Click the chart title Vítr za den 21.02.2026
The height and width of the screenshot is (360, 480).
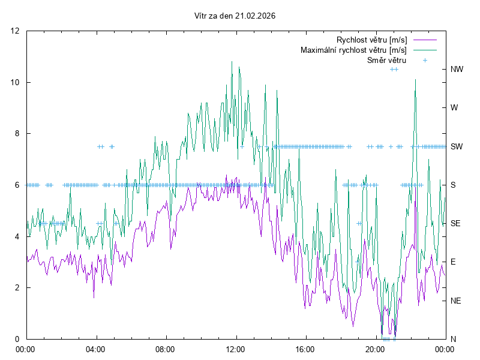[235, 16]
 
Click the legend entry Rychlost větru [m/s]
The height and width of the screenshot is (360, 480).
[371, 40]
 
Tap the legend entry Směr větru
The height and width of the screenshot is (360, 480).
[386, 60]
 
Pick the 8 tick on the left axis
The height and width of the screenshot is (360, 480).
[17, 134]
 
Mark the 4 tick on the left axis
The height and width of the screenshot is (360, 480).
[17, 236]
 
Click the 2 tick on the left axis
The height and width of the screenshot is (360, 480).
[17, 287]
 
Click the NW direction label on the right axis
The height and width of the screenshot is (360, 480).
[457, 69]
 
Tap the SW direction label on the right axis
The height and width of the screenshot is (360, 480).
[457, 146]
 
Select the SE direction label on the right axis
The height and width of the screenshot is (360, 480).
[456, 223]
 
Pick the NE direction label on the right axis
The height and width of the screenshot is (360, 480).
[456, 301]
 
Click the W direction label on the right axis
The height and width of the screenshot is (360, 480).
[454, 108]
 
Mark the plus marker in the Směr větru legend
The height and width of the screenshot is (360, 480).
[425, 60]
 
